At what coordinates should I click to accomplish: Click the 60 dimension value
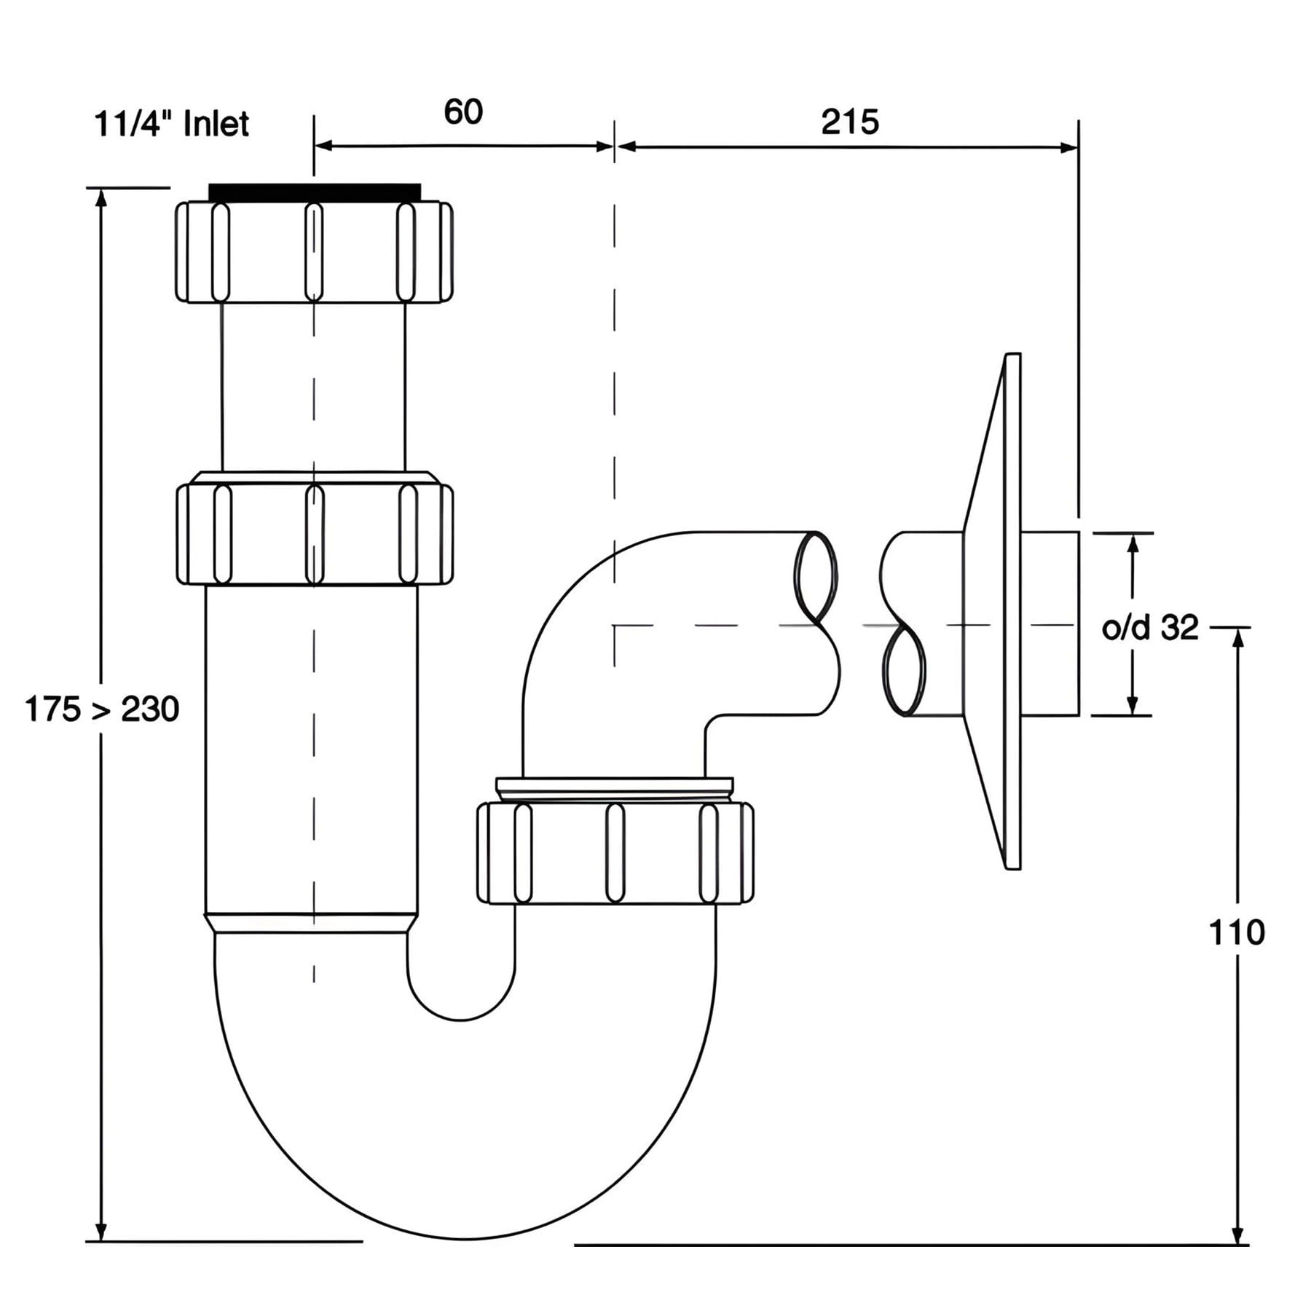click(x=463, y=112)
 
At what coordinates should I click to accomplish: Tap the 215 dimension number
click(x=850, y=122)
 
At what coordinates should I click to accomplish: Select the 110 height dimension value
click(x=1237, y=932)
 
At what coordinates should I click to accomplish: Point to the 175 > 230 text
click(x=102, y=709)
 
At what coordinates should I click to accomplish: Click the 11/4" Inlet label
click(x=172, y=124)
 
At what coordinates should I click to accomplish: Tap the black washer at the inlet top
click(x=315, y=192)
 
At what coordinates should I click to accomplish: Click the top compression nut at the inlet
click(x=314, y=251)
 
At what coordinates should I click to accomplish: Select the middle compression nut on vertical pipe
click(x=315, y=528)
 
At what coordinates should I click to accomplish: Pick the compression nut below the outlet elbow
click(x=615, y=853)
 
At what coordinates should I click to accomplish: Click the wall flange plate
click(x=992, y=611)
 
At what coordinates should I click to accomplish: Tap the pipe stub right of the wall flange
click(x=1050, y=623)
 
